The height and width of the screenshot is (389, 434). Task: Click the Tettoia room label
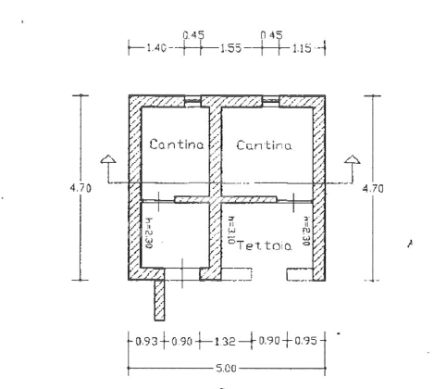264,246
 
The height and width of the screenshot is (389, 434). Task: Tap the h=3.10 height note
228,229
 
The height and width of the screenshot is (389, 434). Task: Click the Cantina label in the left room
171,145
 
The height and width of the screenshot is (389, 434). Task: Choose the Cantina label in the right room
264,145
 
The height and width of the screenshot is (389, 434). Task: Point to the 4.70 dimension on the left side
80,188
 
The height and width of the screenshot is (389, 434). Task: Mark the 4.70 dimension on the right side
372,188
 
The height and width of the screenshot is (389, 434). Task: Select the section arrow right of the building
351,167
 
